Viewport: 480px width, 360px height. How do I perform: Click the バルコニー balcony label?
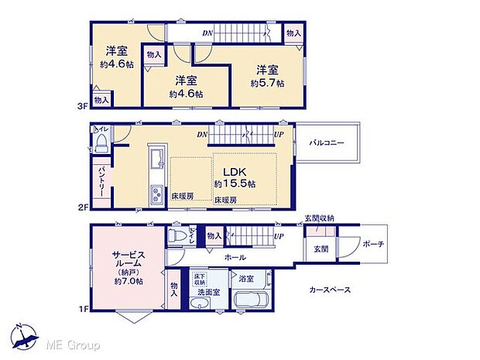coord(327,143)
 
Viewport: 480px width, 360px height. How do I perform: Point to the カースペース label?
coord(331,290)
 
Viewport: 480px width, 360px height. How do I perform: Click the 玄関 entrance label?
coord(321,248)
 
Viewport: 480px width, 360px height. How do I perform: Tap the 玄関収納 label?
coord(319,219)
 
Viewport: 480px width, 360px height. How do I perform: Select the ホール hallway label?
coord(235,257)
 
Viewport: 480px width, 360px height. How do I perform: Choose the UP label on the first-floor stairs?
coord(277,235)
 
